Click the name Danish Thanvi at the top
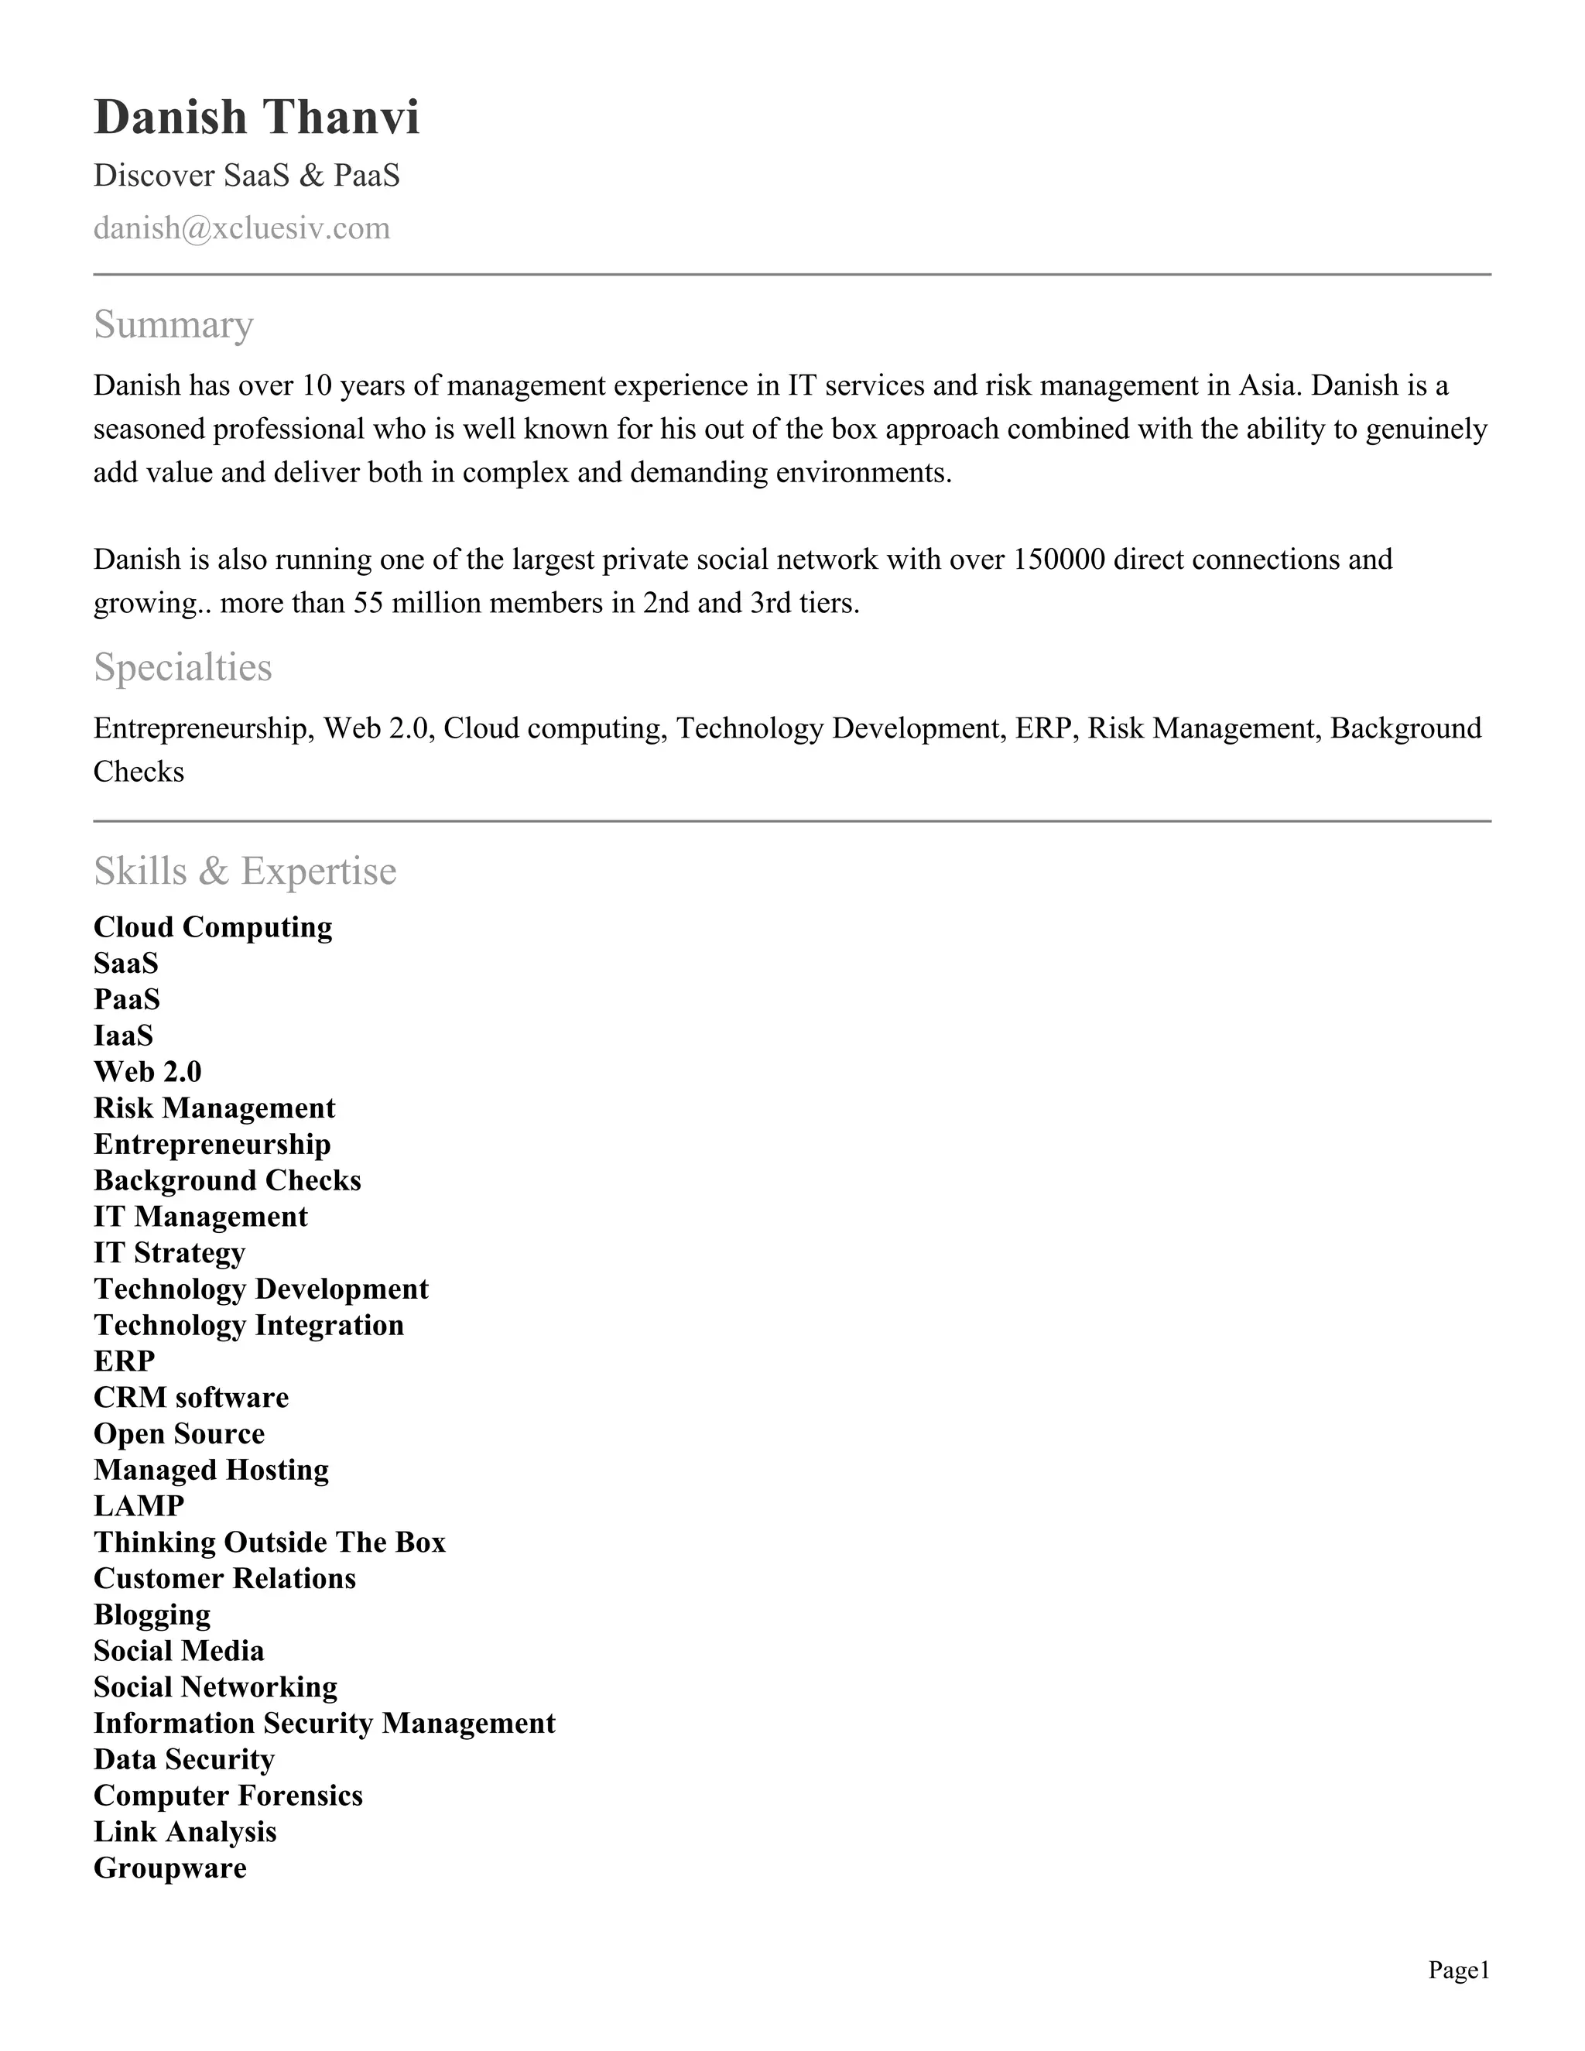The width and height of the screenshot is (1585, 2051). tap(256, 118)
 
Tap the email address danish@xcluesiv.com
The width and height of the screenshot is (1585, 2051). tap(241, 228)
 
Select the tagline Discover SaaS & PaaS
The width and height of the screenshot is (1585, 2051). tap(246, 176)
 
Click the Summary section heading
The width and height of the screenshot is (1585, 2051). tap(173, 325)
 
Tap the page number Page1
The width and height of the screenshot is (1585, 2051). tap(1458, 1971)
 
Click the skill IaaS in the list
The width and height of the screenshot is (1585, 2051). tap(123, 1036)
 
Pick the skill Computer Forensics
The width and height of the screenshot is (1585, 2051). tap(228, 1796)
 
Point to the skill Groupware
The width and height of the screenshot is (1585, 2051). tap(170, 1868)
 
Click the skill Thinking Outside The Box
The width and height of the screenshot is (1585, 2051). tap(269, 1542)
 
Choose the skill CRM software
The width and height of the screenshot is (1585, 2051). tap(190, 1397)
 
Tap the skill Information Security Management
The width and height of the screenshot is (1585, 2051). tap(324, 1724)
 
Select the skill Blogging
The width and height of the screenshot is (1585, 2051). tap(152, 1614)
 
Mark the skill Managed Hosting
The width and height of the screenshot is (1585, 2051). tap(211, 1470)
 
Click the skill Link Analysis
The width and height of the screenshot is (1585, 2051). tap(185, 1831)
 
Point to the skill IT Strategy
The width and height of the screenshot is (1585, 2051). tap(169, 1253)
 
